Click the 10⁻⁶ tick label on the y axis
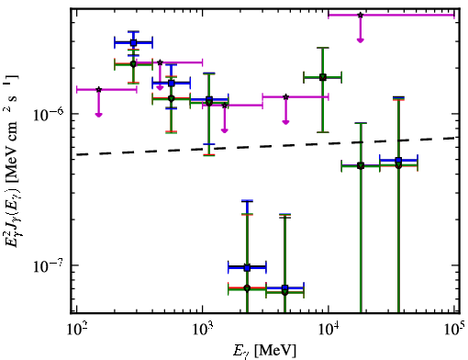click(x=49, y=115)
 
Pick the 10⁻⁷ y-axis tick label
click(x=49, y=265)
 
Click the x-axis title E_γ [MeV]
click(x=264, y=350)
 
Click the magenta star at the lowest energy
click(x=98, y=89)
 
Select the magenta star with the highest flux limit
click(x=361, y=15)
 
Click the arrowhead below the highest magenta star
click(x=361, y=40)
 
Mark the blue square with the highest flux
click(x=133, y=43)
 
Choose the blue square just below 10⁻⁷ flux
click(x=285, y=287)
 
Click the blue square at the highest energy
click(x=398, y=160)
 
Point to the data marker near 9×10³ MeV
click(x=323, y=77)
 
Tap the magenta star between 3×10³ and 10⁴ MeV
click(x=285, y=97)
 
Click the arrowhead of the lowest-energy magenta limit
click(x=98, y=115)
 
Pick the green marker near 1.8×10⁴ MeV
click(x=361, y=166)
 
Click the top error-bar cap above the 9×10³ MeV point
click(x=323, y=48)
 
